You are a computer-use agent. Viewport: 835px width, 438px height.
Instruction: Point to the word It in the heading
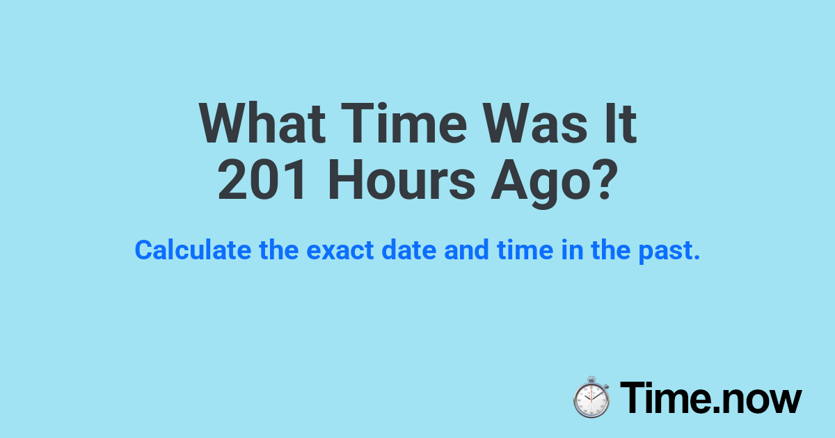tap(621, 124)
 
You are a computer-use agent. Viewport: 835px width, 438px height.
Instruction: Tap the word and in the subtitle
tap(467, 250)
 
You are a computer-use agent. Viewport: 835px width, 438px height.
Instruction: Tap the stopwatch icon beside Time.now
tap(591, 397)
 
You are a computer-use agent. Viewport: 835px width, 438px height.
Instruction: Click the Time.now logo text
tap(710, 398)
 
